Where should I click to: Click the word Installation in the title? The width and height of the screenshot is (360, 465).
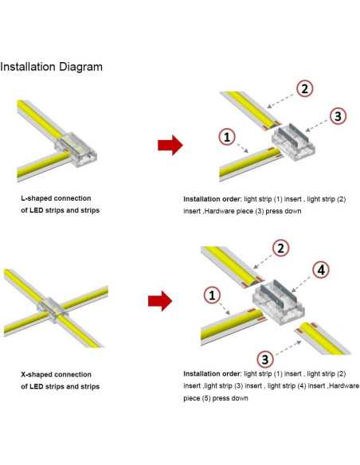pos(28,67)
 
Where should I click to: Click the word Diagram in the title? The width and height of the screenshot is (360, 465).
pos(81,67)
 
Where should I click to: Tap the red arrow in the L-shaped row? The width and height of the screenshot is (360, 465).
pos(170,145)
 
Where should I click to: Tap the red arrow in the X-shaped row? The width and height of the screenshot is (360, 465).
pos(160,301)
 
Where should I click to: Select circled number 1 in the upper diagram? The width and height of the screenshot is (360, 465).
pos(227,137)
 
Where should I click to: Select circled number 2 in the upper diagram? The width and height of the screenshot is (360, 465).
pos(305,88)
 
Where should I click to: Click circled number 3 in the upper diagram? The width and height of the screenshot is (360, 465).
pos(338,115)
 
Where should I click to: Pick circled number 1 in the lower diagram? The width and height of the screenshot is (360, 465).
pos(212,295)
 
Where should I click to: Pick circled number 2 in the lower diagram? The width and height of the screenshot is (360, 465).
pos(280,248)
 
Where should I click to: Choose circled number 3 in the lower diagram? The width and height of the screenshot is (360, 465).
pos(265,359)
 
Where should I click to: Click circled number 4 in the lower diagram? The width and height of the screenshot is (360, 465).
pos(321,270)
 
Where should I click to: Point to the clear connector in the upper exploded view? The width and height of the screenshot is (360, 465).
pos(293,142)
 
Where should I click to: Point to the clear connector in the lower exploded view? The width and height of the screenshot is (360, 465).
pos(278,302)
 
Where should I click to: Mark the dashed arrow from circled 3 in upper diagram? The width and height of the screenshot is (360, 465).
pos(318,124)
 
